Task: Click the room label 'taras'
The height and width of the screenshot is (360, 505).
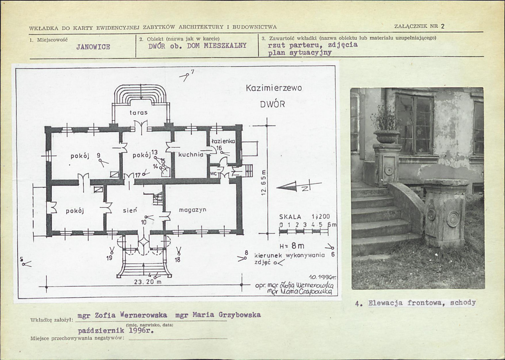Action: pyautogui.click(x=138, y=112)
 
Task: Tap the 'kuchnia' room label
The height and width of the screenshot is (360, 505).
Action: pyautogui.click(x=191, y=155)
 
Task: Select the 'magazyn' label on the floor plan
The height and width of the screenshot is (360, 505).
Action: pyautogui.click(x=193, y=210)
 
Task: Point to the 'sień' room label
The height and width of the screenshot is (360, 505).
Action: pyautogui.click(x=130, y=210)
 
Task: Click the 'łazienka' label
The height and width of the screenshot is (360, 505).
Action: pyautogui.click(x=223, y=141)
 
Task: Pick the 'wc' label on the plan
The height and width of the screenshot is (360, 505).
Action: pyautogui.click(x=213, y=173)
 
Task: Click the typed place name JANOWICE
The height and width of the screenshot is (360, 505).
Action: pyautogui.click(x=93, y=47)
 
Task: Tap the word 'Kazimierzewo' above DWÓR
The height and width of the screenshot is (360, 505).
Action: pyautogui.click(x=274, y=88)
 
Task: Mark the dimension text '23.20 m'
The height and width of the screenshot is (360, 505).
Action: pyautogui.click(x=148, y=282)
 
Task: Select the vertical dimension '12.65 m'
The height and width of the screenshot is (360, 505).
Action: pyautogui.click(x=264, y=183)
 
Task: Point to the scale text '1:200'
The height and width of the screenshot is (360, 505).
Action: pyautogui.click(x=321, y=217)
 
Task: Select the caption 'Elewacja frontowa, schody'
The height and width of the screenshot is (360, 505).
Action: pyautogui.click(x=422, y=303)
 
